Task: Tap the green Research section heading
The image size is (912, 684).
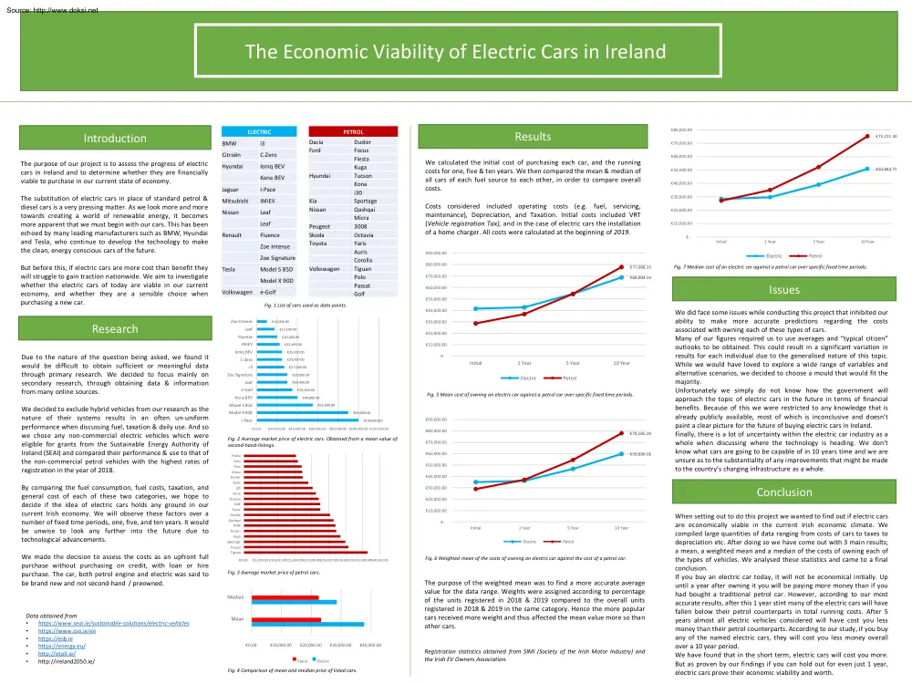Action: pos(115,328)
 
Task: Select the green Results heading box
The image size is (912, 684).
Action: pos(533,137)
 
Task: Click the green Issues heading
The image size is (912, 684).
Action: pos(783,290)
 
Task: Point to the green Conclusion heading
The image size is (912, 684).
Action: pos(783,492)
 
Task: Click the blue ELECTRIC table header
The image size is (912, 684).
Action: pos(259,132)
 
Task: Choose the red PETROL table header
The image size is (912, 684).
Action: pos(352,132)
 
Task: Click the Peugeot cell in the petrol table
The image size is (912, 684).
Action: pos(321,225)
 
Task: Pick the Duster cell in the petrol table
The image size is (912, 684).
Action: pos(362,142)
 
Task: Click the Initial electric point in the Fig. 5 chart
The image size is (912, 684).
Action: pos(476,308)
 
